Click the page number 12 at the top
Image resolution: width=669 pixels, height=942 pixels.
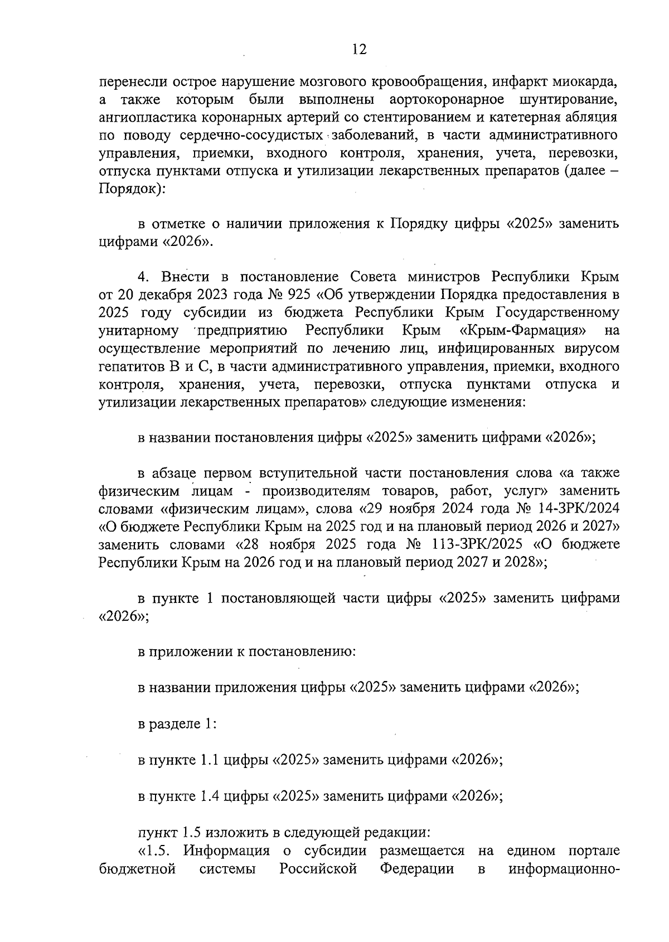(360, 50)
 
